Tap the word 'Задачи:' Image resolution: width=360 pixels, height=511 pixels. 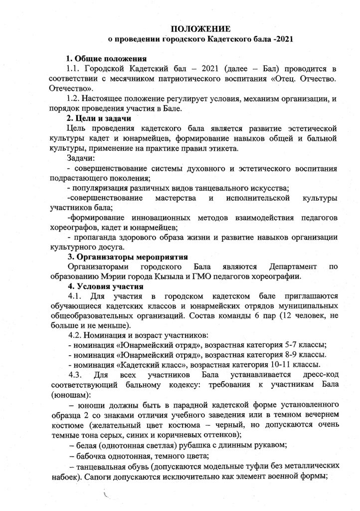coord(81,158)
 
